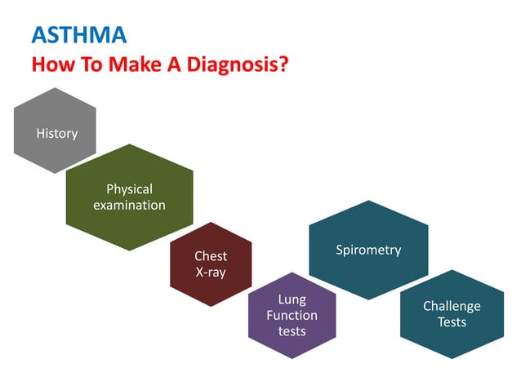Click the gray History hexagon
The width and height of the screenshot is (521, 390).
pos(56,132)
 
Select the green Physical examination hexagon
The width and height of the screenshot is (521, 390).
pos(129,197)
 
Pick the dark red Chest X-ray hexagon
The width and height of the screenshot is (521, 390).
pos(211,264)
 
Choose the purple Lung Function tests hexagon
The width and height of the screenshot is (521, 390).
pos(292,315)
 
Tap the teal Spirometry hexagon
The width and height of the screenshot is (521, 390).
pos(368,250)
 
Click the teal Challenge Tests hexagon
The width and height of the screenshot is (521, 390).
pos(452,314)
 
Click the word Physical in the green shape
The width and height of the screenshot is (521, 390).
pos(129,189)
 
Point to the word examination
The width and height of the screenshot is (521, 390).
pos(129,205)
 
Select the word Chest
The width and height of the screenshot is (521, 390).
pos(211,256)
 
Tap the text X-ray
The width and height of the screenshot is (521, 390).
pos(211,273)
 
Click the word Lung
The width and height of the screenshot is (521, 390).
pos(292,299)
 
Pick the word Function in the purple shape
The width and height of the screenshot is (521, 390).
pos(292,315)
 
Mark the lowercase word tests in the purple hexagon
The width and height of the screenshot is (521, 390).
pos(292,330)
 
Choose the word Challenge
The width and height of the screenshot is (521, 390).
pos(452,306)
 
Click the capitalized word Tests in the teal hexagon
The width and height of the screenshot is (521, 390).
pos(452,322)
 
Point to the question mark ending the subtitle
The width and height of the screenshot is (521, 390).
pos(282,64)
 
